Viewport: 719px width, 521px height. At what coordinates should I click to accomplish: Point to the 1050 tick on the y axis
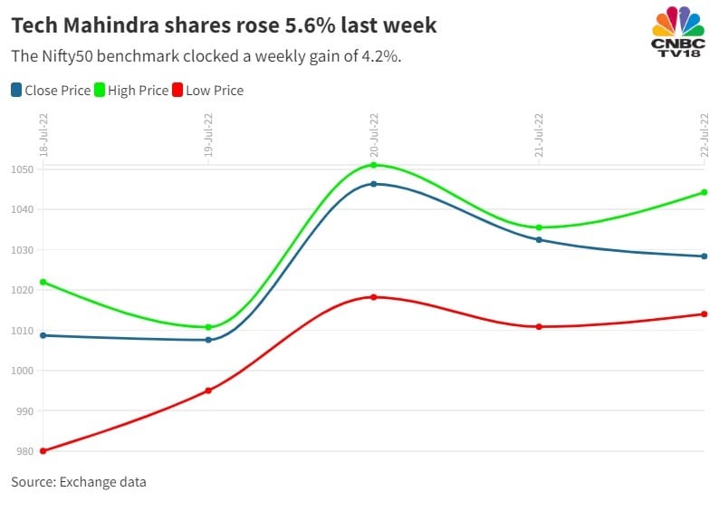22,170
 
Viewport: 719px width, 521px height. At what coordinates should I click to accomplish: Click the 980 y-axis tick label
22,451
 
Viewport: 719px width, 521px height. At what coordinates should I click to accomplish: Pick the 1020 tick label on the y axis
22,291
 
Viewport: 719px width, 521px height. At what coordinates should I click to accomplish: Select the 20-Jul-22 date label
374,136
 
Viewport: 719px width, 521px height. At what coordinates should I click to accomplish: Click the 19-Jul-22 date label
209,136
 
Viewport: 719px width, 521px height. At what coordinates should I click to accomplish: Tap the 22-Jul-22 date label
705,136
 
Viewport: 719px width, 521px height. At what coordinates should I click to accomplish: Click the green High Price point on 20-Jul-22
374,165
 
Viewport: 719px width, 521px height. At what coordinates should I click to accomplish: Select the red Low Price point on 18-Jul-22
43,450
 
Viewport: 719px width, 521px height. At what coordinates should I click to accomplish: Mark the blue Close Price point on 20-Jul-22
374,184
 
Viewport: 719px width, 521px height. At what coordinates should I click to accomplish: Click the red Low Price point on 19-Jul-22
208,391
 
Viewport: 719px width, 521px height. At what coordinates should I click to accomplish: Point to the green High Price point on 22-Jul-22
705,192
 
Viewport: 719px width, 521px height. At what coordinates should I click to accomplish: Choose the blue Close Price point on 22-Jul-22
705,256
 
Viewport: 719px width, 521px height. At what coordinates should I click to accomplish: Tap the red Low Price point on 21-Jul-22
539,326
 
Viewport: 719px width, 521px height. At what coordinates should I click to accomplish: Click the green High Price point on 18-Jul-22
43,282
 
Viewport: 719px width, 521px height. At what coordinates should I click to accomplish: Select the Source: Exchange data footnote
78,482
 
